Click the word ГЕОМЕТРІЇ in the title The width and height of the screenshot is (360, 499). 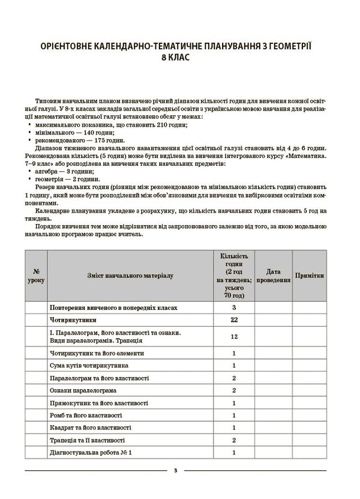[286, 46]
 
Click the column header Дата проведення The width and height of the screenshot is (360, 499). [274, 276]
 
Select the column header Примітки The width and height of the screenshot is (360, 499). [310, 276]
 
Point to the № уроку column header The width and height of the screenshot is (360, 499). [36, 276]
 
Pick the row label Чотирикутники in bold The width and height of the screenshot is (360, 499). [73, 320]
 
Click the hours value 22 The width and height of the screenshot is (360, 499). [234, 320]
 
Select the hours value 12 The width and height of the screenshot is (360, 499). [234, 336]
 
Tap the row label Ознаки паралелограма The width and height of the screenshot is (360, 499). [83, 390]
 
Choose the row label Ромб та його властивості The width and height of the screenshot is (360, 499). [87, 415]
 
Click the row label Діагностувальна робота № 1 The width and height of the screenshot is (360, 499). [91, 452]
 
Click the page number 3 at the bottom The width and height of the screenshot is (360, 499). [175, 470]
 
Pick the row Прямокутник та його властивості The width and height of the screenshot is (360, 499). [99, 403]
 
